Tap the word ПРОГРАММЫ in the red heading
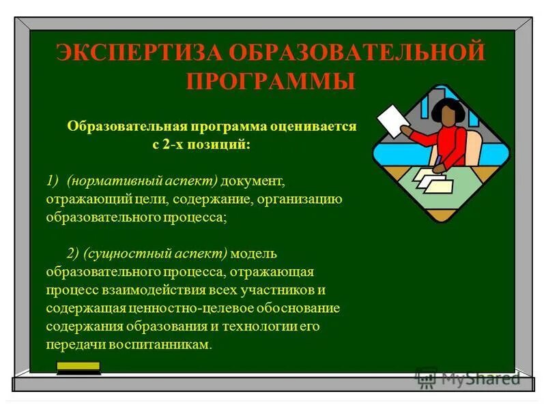270,81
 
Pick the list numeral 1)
53,181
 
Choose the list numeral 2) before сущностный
74,254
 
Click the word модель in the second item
253,254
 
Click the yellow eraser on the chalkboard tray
78,367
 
